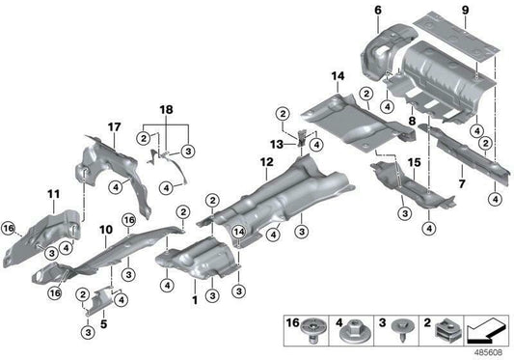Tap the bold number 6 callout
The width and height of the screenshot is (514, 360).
[x=378, y=11]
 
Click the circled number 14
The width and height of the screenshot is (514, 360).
[x=236, y=232]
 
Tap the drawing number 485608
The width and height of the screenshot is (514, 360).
[x=492, y=351]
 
